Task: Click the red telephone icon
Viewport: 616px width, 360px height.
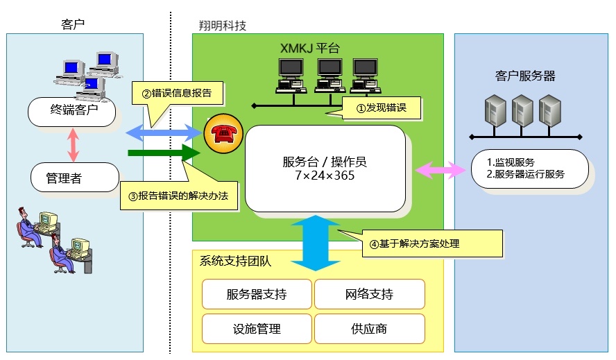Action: pyautogui.click(x=223, y=134)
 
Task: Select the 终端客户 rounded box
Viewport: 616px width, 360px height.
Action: pyautogui.click(x=72, y=112)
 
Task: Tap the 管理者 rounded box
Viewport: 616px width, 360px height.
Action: pyautogui.click(x=75, y=178)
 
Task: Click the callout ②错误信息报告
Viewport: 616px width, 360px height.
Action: pyautogui.click(x=177, y=93)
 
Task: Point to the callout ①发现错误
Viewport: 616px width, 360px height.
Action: pyautogui.click(x=381, y=108)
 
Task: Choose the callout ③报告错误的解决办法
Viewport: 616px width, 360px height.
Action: pyautogui.click(x=179, y=196)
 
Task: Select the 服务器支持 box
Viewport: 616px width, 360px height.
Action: pyautogui.click(x=257, y=294)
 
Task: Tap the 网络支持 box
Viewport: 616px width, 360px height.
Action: pyautogui.click(x=369, y=294)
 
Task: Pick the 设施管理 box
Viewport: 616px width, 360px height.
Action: pyautogui.click(x=257, y=329)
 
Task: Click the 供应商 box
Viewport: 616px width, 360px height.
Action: pyautogui.click(x=369, y=329)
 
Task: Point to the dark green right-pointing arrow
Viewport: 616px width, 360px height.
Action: pyautogui.click(x=164, y=153)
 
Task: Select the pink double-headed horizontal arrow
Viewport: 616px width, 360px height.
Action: pyautogui.click(x=440, y=169)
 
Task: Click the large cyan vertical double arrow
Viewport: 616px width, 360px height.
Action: pyautogui.click(x=316, y=243)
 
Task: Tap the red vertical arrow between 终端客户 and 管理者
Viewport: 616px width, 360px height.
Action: pyautogui.click(x=73, y=145)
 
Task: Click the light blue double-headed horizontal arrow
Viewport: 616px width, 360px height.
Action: pyautogui.click(x=164, y=133)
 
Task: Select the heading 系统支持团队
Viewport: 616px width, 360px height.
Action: pyautogui.click(x=235, y=261)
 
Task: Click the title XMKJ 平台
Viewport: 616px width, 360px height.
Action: pyautogui.click(x=310, y=49)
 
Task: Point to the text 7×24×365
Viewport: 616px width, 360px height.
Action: pyautogui.click(x=325, y=175)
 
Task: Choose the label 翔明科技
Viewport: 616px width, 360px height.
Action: pyautogui.click(x=223, y=26)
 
